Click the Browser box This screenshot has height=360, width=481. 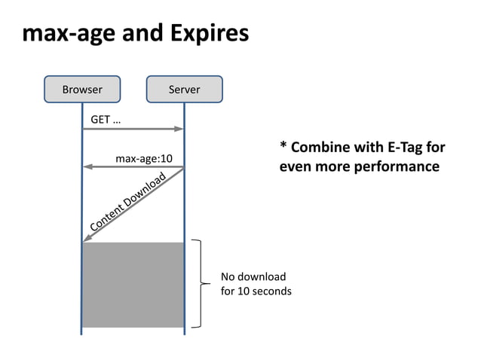82,89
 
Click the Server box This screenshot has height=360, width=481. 184,89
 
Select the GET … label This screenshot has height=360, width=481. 106,119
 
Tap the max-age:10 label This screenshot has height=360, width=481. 144,158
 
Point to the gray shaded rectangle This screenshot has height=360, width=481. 133,285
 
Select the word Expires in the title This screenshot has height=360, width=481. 209,34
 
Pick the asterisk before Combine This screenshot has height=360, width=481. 283,145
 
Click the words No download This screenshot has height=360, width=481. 253,276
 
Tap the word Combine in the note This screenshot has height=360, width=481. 322,147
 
